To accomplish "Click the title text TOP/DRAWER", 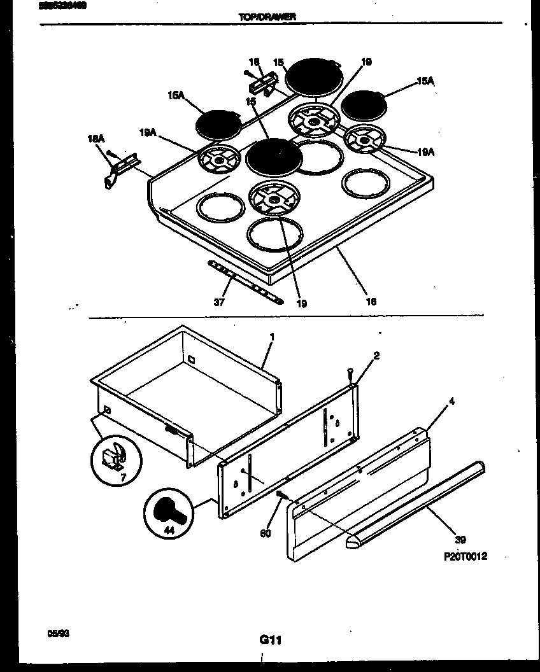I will (x=267, y=18).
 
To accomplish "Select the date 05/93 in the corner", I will (x=57, y=634).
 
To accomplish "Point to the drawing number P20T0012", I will (x=465, y=556).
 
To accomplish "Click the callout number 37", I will (x=219, y=303).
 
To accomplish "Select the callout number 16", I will (x=371, y=301).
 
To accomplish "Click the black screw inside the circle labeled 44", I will (x=169, y=510).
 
